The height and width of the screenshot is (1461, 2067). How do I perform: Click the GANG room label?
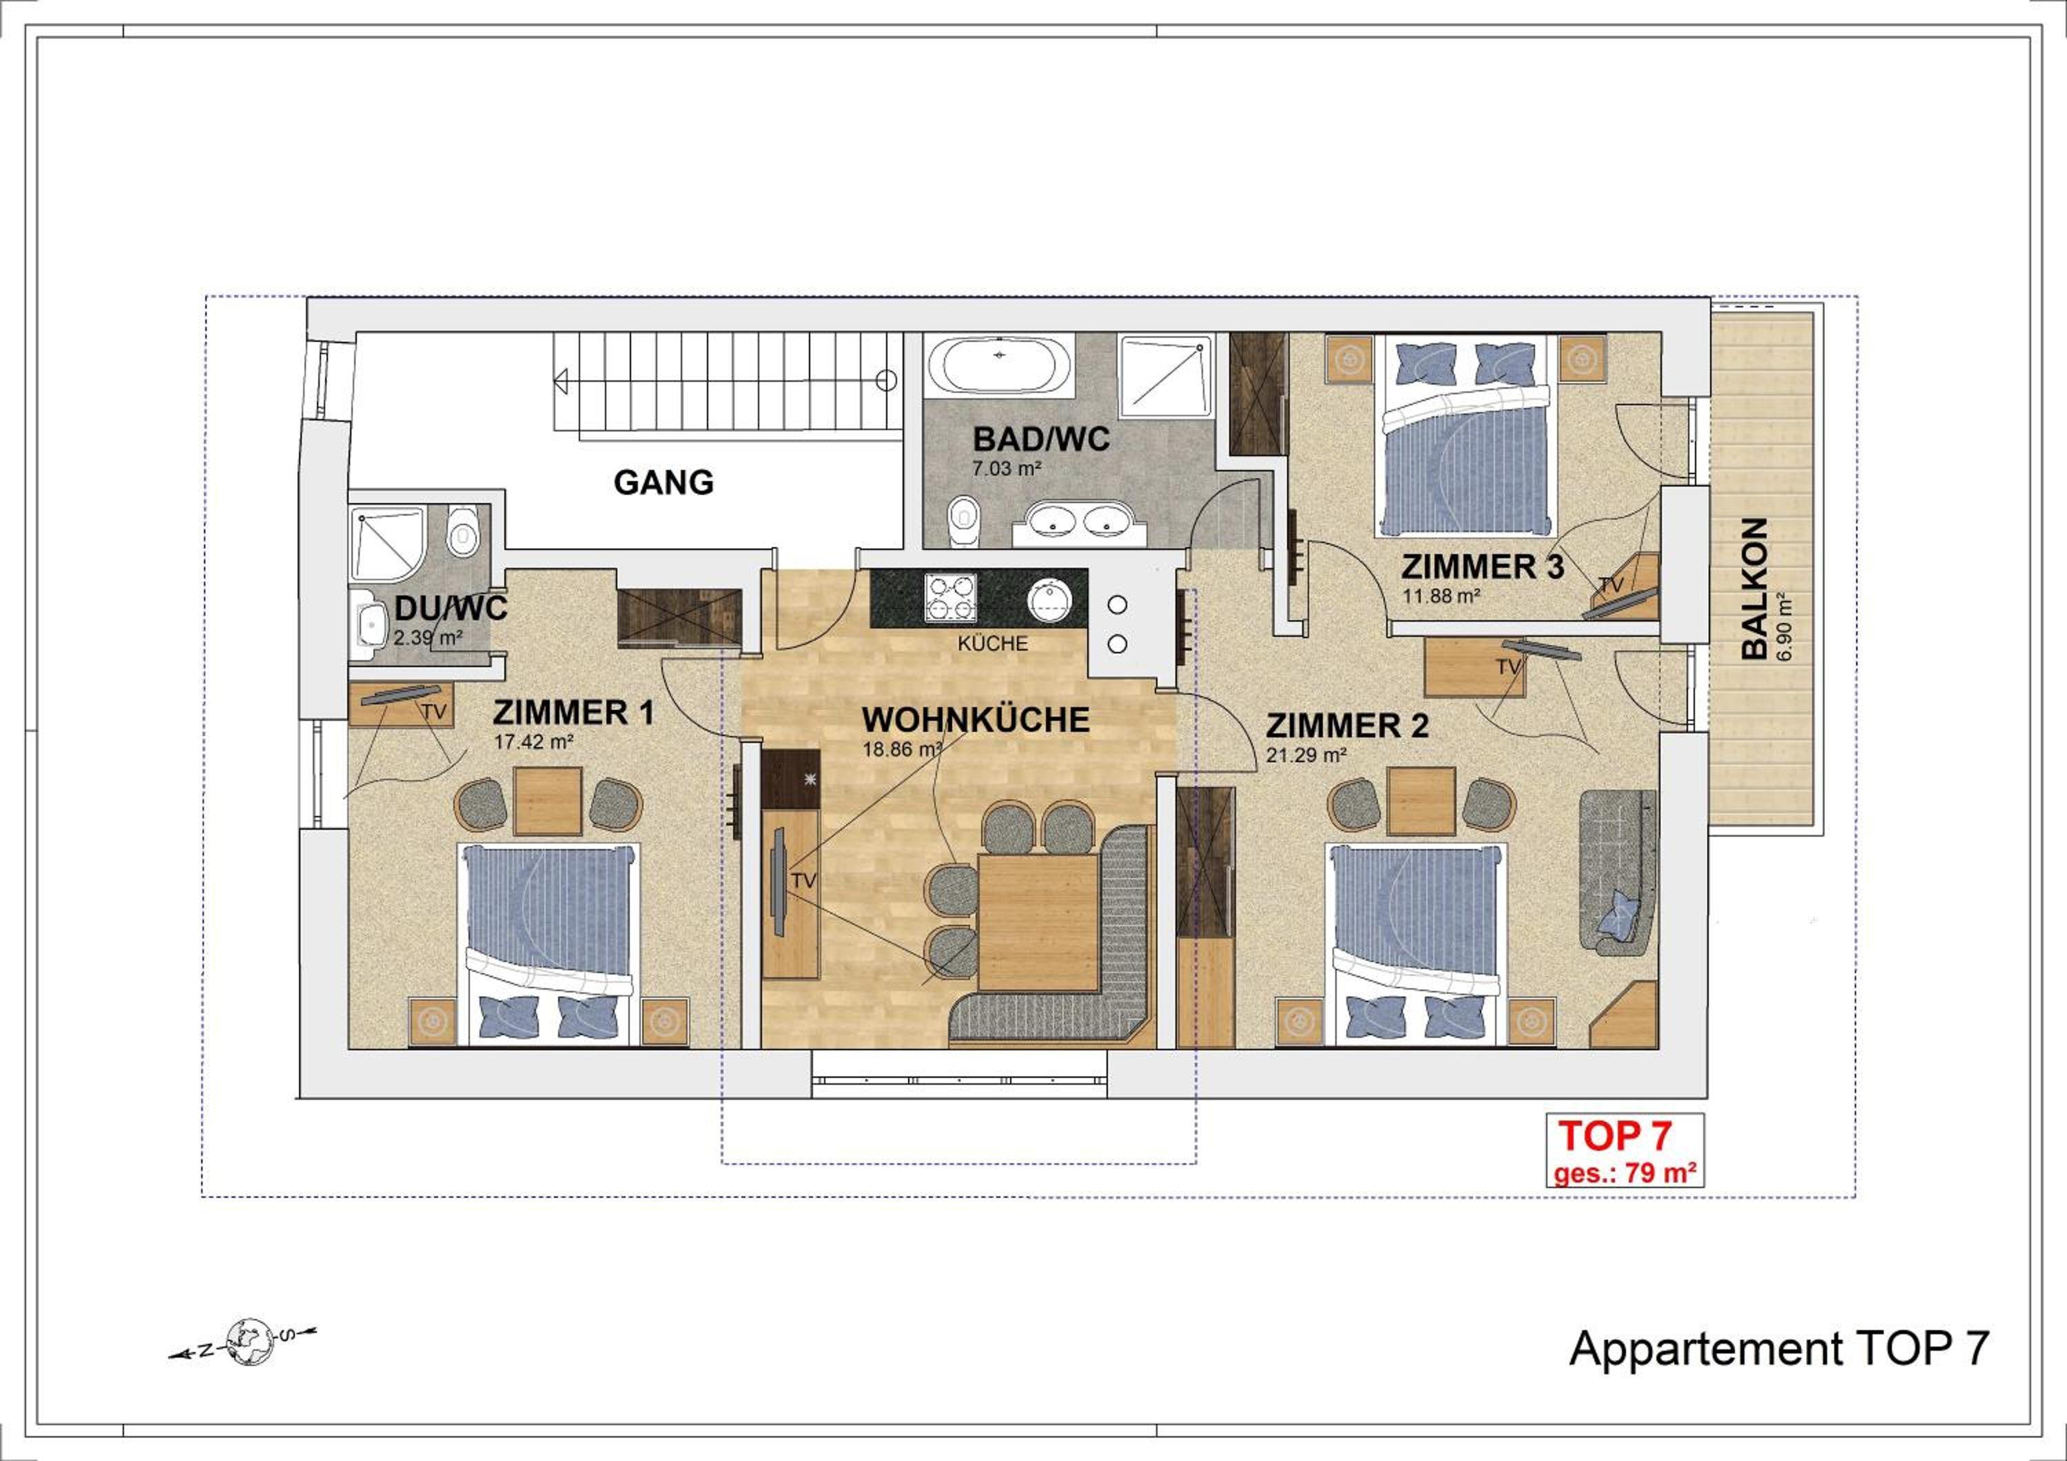click(x=664, y=483)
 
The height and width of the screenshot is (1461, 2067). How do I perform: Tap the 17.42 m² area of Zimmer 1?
click(x=533, y=743)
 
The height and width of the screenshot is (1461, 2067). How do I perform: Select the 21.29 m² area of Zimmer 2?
click(x=1306, y=755)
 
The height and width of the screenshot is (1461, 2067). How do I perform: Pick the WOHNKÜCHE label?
click(x=975, y=721)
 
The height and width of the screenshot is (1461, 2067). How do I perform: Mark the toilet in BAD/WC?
click(x=963, y=520)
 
